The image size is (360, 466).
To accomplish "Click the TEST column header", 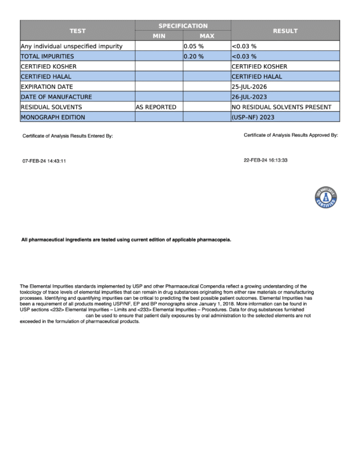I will click(x=77, y=31).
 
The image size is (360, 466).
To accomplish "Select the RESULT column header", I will click(x=285, y=31).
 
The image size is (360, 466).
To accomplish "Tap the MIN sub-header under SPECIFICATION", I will click(x=159, y=36).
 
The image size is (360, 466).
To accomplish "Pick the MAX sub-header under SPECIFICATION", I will click(x=206, y=36).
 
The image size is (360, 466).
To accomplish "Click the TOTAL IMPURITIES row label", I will click(x=46, y=56).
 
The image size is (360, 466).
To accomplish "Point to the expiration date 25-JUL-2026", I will click(x=254, y=86).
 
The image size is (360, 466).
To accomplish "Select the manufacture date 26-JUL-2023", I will click(x=254, y=97).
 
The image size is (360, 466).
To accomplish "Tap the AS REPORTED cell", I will click(x=156, y=107).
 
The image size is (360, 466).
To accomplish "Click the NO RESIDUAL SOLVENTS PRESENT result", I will click(x=281, y=107).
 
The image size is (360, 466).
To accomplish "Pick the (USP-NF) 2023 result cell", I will click(x=253, y=117).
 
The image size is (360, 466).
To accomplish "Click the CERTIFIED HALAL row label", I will click(x=46, y=76).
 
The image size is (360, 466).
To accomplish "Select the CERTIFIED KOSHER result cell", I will click(x=259, y=66).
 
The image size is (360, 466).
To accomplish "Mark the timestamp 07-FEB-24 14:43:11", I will click(x=44, y=161).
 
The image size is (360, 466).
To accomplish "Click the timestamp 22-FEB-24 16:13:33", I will click(x=266, y=160).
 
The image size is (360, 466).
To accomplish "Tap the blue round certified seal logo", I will click(x=325, y=197).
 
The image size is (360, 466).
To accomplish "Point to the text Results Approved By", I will click(x=310, y=135).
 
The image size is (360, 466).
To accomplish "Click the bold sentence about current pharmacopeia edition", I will click(x=126, y=240).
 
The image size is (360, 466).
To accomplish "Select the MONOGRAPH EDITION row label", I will click(x=53, y=117).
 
